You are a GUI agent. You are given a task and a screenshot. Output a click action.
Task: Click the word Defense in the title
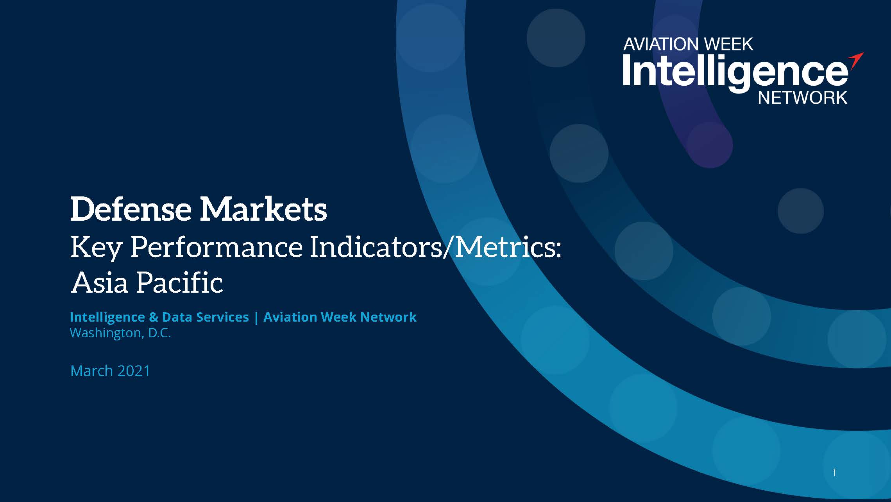[x=131, y=209]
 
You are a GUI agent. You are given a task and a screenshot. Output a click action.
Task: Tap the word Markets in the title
[x=263, y=209]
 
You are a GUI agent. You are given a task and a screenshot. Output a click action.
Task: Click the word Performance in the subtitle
[x=216, y=247]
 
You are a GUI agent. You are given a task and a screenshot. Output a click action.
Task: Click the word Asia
[x=100, y=282]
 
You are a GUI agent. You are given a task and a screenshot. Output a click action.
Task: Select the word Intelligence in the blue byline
[x=107, y=317]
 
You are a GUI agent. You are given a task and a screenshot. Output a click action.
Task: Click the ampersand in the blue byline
[x=153, y=317]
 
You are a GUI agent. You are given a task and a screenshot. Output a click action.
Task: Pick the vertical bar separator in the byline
[x=256, y=317]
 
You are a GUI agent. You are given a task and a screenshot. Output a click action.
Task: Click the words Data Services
[x=205, y=317]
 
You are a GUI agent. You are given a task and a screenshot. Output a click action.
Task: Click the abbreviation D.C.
[x=159, y=333]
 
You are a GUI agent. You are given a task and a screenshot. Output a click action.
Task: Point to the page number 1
[x=834, y=473]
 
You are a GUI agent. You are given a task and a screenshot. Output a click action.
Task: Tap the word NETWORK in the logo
[x=803, y=97]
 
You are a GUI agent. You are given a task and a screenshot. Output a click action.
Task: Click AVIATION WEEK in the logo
[x=688, y=44]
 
